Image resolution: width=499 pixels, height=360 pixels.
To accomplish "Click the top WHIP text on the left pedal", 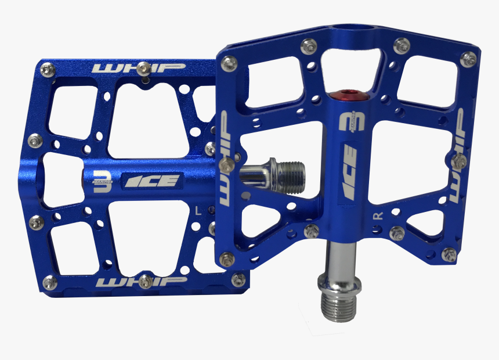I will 138,68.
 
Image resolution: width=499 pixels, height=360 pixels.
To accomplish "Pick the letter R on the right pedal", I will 378,216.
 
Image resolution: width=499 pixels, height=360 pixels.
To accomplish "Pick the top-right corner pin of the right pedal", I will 468,58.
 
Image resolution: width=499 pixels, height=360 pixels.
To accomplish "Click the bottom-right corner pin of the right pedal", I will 449,254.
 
